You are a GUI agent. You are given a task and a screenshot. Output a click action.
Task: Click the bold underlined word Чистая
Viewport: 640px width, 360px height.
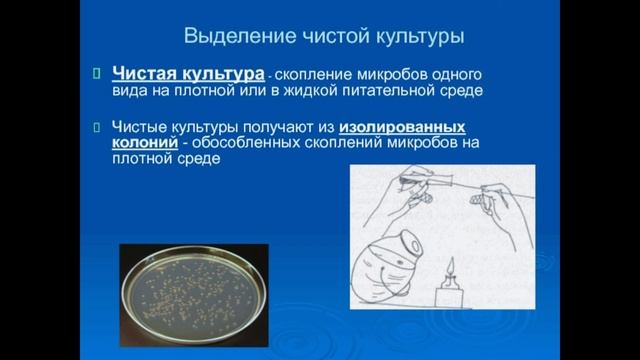148,73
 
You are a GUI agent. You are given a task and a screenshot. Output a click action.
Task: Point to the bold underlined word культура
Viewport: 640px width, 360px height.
226,73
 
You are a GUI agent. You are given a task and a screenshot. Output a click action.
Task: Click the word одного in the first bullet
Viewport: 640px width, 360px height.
469,74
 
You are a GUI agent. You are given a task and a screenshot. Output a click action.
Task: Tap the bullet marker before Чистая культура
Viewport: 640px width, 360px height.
97,73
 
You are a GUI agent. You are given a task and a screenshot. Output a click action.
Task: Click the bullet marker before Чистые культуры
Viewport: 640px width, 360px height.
97,127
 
